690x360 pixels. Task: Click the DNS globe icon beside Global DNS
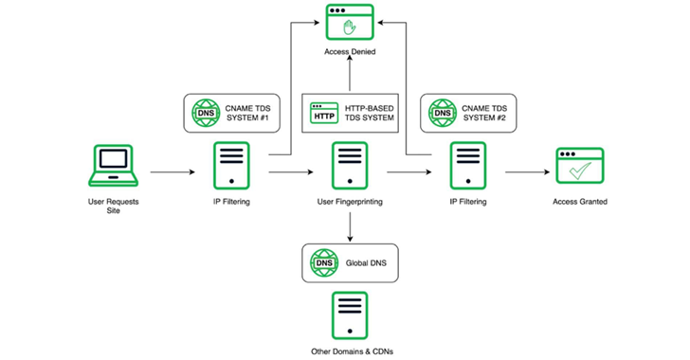tap(323, 261)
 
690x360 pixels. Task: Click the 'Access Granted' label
tap(580, 202)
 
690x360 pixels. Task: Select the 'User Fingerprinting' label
tap(351, 202)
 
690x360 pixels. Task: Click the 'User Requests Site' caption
tap(113, 207)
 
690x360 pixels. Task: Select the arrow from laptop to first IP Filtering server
tap(171, 173)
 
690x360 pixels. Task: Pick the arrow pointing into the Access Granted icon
tap(526, 173)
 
